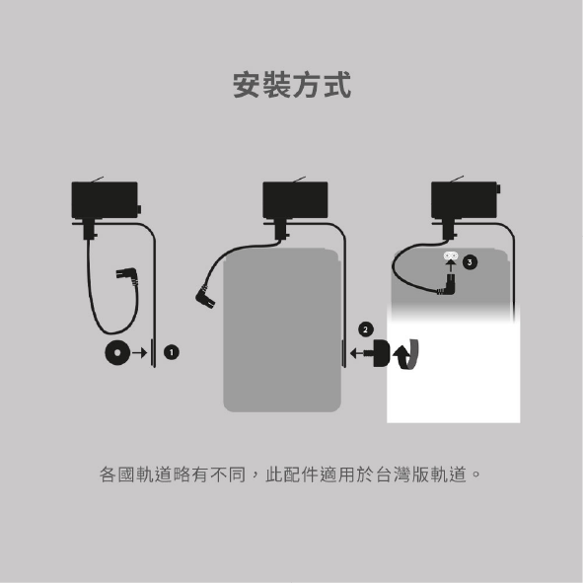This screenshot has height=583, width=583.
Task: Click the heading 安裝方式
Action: pos(292,85)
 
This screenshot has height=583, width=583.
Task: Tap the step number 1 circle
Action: pos(172,352)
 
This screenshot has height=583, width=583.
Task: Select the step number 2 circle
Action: pos(366,329)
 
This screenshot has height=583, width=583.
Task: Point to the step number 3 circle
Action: pos(470,262)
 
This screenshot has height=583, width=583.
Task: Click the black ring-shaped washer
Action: pos(117,352)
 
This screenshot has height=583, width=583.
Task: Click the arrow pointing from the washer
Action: pos(140,352)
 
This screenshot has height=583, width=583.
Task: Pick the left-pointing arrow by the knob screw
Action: pos(358,353)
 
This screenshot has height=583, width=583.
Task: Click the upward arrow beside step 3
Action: pos(451,266)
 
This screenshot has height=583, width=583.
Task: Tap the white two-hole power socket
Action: pos(451,255)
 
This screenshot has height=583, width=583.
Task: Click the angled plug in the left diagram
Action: pos(127,276)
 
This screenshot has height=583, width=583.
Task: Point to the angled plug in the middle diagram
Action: pos(205,296)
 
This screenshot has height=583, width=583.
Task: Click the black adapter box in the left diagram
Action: pos(105,199)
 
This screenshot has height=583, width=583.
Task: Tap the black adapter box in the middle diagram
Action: pos(295,199)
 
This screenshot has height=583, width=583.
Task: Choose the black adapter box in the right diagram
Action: pos(464,199)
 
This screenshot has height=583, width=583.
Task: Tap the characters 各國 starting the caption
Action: pos(116,474)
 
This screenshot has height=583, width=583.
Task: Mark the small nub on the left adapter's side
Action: pos(139,210)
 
